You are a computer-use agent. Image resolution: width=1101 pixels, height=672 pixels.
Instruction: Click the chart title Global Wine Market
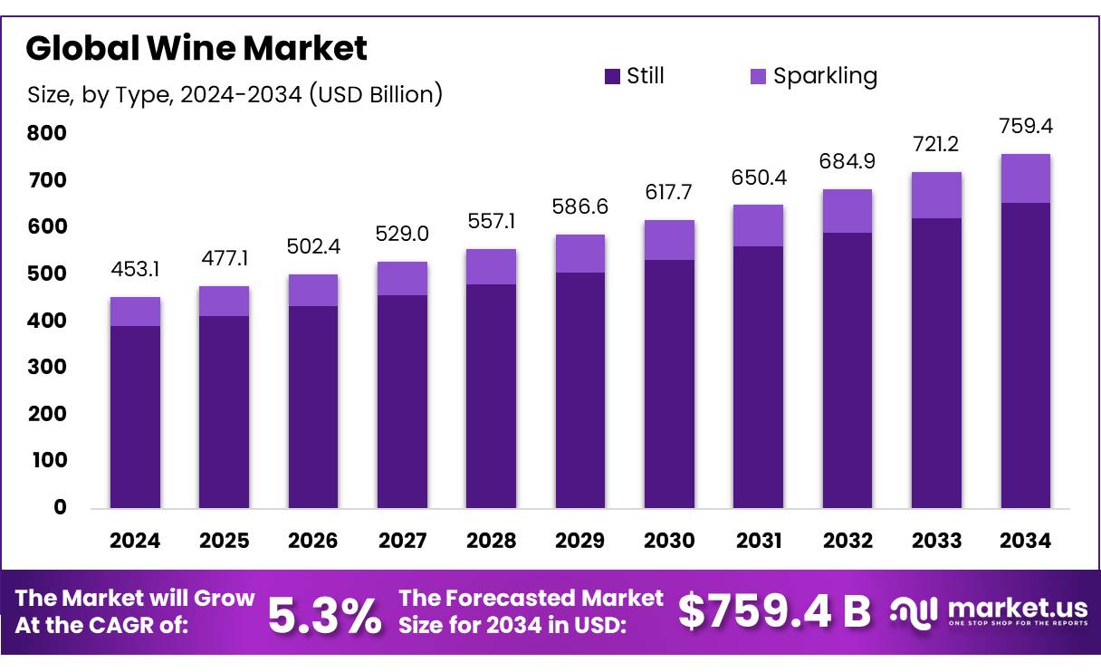point(196,48)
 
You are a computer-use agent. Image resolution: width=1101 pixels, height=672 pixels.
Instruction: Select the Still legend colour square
point(612,76)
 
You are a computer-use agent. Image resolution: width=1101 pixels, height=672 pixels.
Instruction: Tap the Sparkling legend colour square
point(758,76)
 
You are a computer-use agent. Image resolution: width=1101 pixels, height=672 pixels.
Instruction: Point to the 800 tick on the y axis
point(46,134)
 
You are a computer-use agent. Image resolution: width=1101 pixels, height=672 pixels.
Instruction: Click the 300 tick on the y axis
point(46,367)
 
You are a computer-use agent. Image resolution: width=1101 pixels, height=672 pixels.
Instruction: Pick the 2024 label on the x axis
point(135,541)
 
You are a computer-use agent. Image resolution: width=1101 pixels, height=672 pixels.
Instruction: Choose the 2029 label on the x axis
point(580,541)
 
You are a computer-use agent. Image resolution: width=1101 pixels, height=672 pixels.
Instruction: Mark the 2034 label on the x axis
point(1026,541)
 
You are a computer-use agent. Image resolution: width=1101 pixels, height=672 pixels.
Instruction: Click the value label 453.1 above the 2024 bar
point(135,270)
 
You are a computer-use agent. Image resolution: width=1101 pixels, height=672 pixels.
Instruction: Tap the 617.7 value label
point(669,193)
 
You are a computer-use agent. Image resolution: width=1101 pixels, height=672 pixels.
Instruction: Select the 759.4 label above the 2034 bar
point(1026,125)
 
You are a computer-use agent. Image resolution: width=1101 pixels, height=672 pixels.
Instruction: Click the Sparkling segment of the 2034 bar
point(1026,178)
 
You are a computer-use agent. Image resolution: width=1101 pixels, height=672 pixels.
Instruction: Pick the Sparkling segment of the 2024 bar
point(135,312)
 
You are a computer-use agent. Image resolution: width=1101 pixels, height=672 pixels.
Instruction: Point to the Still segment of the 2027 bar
point(402,398)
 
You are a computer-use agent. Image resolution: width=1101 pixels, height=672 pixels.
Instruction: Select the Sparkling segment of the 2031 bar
point(759,226)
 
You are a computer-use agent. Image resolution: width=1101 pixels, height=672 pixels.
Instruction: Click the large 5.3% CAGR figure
point(324,615)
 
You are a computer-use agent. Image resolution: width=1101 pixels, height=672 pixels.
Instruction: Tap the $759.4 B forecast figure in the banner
point(774,612)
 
